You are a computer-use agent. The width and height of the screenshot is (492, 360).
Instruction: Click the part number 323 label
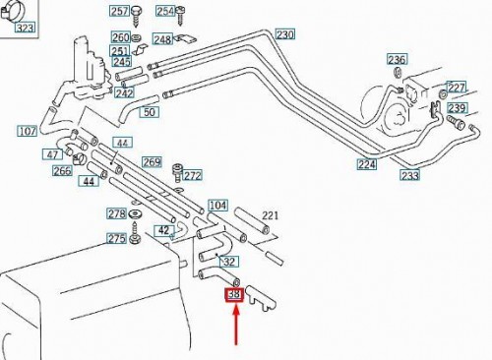point(25,30)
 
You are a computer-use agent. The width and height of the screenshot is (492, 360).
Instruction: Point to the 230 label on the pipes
point(284,35)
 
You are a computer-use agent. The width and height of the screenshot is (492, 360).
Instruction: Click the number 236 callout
point(397,59)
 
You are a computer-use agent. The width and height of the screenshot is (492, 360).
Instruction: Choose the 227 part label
point(457,88)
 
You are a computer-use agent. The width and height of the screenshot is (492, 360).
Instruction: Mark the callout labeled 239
point(458,108)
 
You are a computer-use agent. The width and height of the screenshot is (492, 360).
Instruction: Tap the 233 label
point(409,175)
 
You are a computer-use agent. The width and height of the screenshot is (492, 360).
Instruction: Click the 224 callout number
point(367,164)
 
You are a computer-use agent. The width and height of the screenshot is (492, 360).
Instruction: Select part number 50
point(151,112)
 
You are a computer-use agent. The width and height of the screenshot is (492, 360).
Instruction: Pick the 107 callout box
point(27,130)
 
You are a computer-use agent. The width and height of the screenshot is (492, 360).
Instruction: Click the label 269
point(152,162)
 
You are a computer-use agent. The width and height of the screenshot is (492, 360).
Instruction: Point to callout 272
point(192,176)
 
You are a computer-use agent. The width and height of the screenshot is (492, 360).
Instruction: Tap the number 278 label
point(116,213)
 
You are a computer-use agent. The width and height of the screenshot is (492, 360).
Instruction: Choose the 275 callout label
point(116,239)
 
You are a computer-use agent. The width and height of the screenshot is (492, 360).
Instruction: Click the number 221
point(271,215)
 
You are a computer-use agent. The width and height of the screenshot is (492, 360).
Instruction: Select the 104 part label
point(218,206)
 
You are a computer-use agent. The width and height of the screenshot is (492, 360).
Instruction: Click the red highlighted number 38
point(235,293)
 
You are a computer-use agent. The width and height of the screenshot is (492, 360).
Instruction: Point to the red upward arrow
point(235,326)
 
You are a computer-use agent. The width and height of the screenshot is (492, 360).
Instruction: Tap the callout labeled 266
point(62,170)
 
